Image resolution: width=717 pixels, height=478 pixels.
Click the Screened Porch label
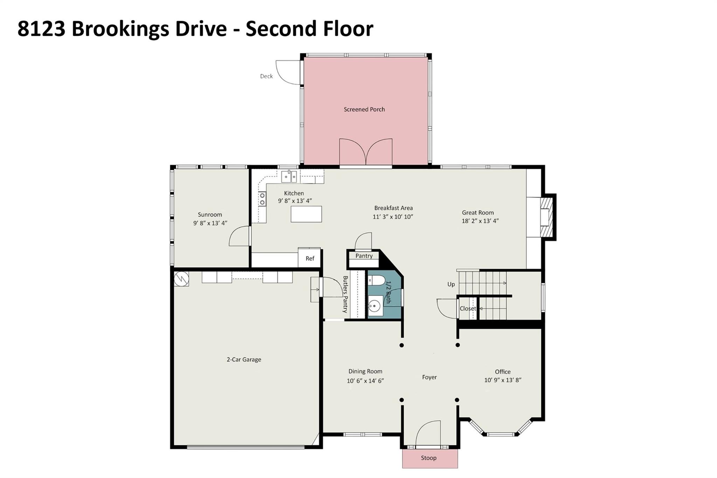[364, 109]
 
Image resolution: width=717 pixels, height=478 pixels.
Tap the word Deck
[266, 76]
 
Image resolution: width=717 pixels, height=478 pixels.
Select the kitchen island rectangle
[306, 214]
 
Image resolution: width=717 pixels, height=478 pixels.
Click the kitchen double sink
[289, 176]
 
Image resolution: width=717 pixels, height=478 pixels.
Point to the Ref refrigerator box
[310, 258]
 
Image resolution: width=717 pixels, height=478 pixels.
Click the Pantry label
[364, 256]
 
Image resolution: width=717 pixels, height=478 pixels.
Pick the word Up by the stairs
[451, 284]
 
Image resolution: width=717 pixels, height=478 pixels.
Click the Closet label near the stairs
[468, 309]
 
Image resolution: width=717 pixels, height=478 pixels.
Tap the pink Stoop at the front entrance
[430, 458]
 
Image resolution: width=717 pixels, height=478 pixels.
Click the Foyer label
[429, 377]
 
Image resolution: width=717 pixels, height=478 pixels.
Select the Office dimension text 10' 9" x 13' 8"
[503, 380]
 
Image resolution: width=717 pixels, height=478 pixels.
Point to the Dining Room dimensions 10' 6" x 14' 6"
[365, 381]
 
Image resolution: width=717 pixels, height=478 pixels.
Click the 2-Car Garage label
[244, 359]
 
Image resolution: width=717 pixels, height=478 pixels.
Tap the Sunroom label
[210, 215]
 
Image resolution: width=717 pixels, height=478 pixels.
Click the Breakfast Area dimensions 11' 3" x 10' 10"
[393, 217]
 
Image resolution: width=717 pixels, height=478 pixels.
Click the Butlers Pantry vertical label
[345, 294]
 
